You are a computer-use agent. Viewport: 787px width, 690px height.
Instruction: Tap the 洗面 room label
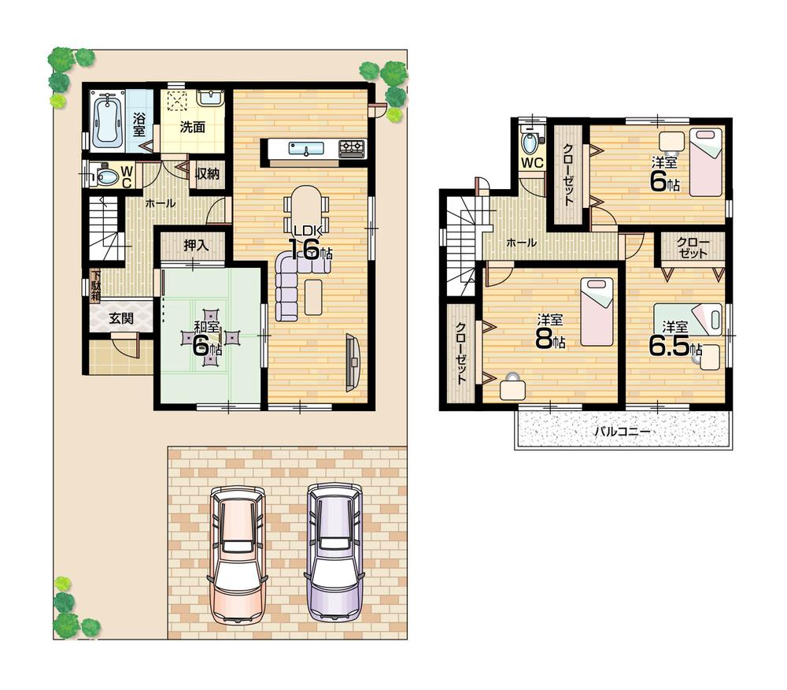(193, 126)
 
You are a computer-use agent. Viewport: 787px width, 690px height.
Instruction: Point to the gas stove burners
(352, 147)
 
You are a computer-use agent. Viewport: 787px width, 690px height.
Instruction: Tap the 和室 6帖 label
(207, 339)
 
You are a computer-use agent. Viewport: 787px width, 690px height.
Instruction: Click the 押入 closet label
(195, 246)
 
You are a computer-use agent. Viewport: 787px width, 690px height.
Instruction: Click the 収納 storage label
(207, 173)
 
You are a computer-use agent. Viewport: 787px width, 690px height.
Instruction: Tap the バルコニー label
(621, 432)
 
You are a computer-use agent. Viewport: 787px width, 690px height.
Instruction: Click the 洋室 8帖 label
(549, 331)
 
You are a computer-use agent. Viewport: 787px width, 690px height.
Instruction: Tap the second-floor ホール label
(521, 243)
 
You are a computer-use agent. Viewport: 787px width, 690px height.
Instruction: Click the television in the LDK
(353, 362)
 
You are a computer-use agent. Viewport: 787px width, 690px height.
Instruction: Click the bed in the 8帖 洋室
(597, 312)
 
